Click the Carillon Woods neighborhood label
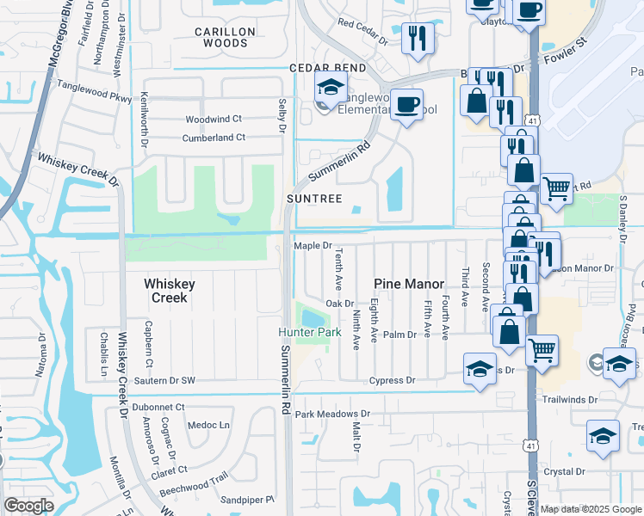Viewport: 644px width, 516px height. (x=225, y=36)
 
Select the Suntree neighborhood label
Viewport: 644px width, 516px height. (x=314, y=199)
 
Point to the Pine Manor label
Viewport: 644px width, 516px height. (x=409, y=284)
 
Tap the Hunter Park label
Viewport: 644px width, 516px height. (x=303, y=333)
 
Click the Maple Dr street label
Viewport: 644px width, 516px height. (x=313, y=245)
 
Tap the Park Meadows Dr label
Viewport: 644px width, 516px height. (x=331, y=414)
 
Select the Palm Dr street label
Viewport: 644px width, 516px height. (x=399, y=335)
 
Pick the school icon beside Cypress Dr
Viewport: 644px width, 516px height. (x=480, y=369)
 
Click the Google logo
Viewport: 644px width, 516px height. (x=28, y=506)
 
